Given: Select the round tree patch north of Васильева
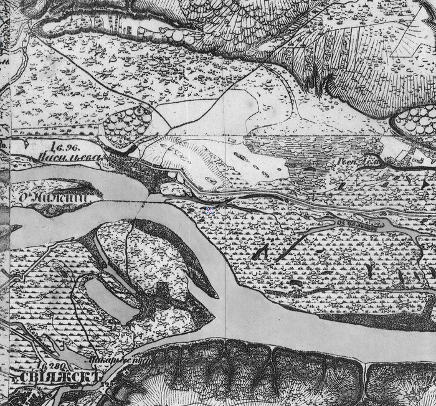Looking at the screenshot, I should pyautogui.click(x=128, y=124).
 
